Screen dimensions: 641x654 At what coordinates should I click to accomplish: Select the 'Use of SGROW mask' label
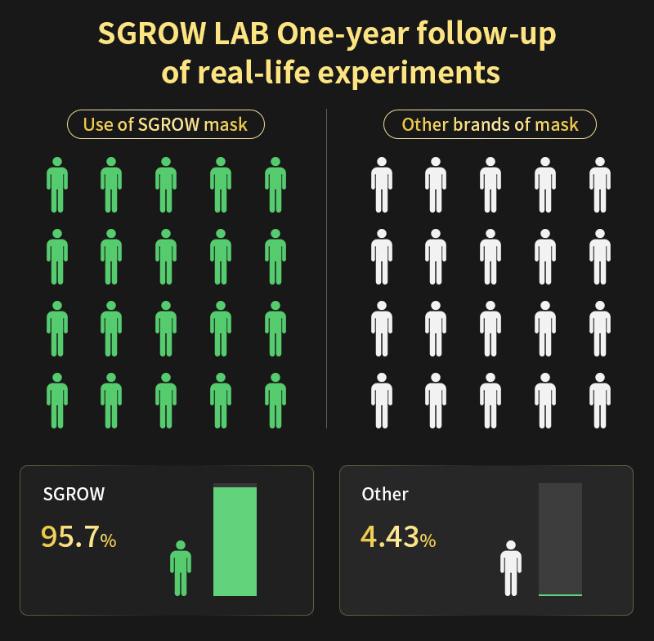(x=166, y=125)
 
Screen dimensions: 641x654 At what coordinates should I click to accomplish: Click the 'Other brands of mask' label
(x=490, y=125)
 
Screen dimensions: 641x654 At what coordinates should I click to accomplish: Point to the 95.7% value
(x=78, y=536)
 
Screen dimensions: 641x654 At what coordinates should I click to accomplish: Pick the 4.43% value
(x=397, y=536)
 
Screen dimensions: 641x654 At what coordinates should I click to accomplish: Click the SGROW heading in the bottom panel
(x=74, y=494)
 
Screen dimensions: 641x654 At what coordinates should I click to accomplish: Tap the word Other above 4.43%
(x=385, y=494)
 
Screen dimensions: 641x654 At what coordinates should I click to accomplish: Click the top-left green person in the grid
(x=57, y=186)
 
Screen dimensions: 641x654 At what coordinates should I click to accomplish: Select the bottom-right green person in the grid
(x=275, y=400)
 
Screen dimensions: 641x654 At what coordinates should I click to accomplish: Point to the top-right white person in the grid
(x=599, y=186)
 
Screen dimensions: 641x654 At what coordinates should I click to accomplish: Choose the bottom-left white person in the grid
(x=381, y=400)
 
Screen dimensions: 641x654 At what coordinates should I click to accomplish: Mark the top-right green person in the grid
(x=275, y=186)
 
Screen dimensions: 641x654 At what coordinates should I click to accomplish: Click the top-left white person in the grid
(x=381, y=186)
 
